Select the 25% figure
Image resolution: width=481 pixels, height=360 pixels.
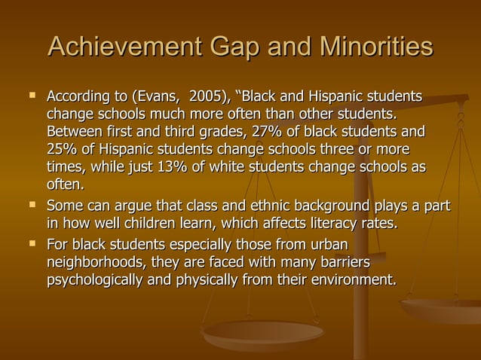(61, 150)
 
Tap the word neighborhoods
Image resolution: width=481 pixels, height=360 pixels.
(96, 263)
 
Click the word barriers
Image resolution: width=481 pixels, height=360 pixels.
(344, 263)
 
